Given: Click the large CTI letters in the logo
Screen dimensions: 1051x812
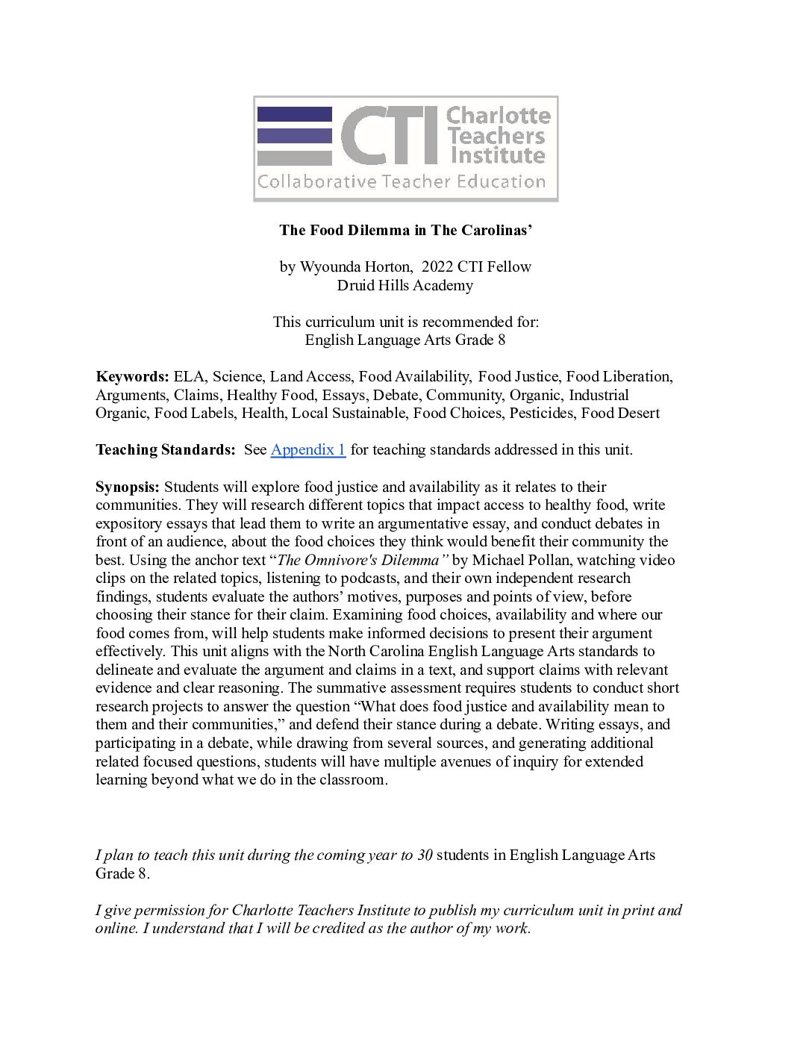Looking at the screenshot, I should [389, 136].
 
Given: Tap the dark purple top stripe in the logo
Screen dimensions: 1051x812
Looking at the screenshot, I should [294, 114].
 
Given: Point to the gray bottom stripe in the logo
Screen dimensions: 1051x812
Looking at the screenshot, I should [294, 158].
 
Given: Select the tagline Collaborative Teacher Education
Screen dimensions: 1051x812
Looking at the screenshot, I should [402, 182].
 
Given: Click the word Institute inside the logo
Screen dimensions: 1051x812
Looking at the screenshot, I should [497, 156].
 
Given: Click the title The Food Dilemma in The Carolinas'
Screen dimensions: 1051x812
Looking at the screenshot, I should [405, 230].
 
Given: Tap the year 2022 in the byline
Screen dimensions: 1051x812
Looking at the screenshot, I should [437, 266].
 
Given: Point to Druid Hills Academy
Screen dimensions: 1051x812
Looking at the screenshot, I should [405, 285].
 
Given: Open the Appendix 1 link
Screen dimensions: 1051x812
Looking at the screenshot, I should [307, 449].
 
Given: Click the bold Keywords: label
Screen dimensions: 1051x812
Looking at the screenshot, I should [132, 376].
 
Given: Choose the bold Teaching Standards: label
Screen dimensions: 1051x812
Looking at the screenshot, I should [165, 449].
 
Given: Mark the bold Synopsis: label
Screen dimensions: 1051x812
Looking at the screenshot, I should [127, 487].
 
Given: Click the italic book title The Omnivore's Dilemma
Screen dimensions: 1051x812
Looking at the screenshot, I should [357, 560].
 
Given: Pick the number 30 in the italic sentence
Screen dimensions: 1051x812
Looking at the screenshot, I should [425, 855].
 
